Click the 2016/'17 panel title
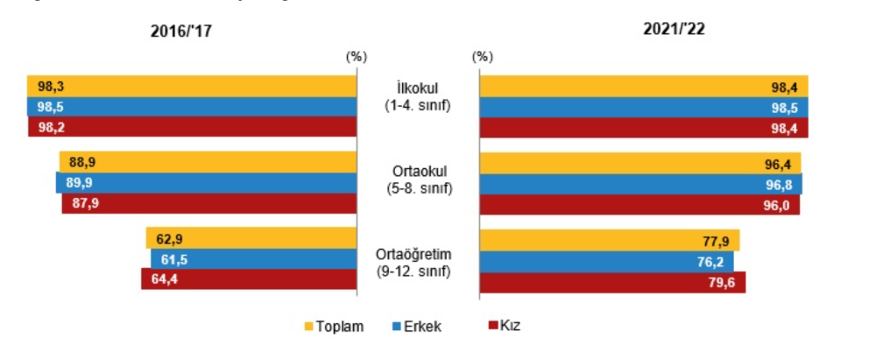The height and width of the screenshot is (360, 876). (181, 30)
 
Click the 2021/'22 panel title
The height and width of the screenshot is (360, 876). (674, 28)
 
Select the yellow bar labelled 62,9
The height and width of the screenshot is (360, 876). (251, 238)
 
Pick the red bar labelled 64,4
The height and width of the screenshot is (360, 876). (249, 280)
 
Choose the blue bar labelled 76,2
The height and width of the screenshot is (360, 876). (607, 261)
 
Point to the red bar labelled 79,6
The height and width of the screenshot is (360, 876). (613, 282)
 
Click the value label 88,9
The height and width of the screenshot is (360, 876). (81, 162)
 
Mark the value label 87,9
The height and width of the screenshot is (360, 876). (81, 204)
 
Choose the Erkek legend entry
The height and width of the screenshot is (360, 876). (414, 327)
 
